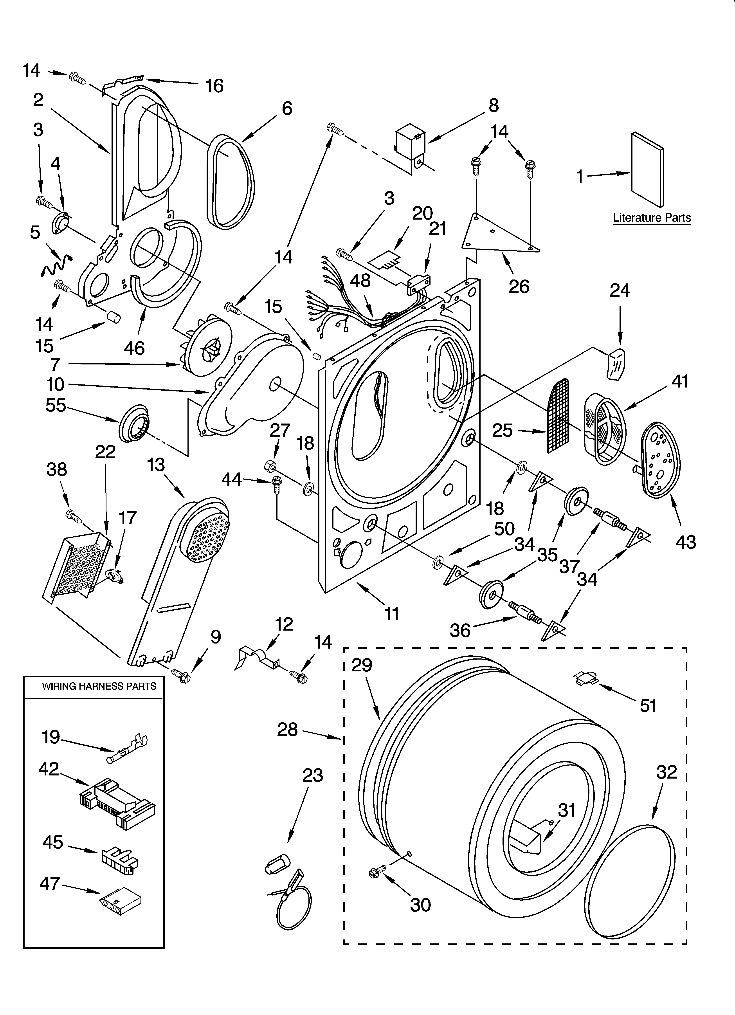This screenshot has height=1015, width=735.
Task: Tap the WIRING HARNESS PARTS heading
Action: click(99, 686)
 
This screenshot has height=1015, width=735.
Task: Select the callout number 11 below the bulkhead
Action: click(392, 614)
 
